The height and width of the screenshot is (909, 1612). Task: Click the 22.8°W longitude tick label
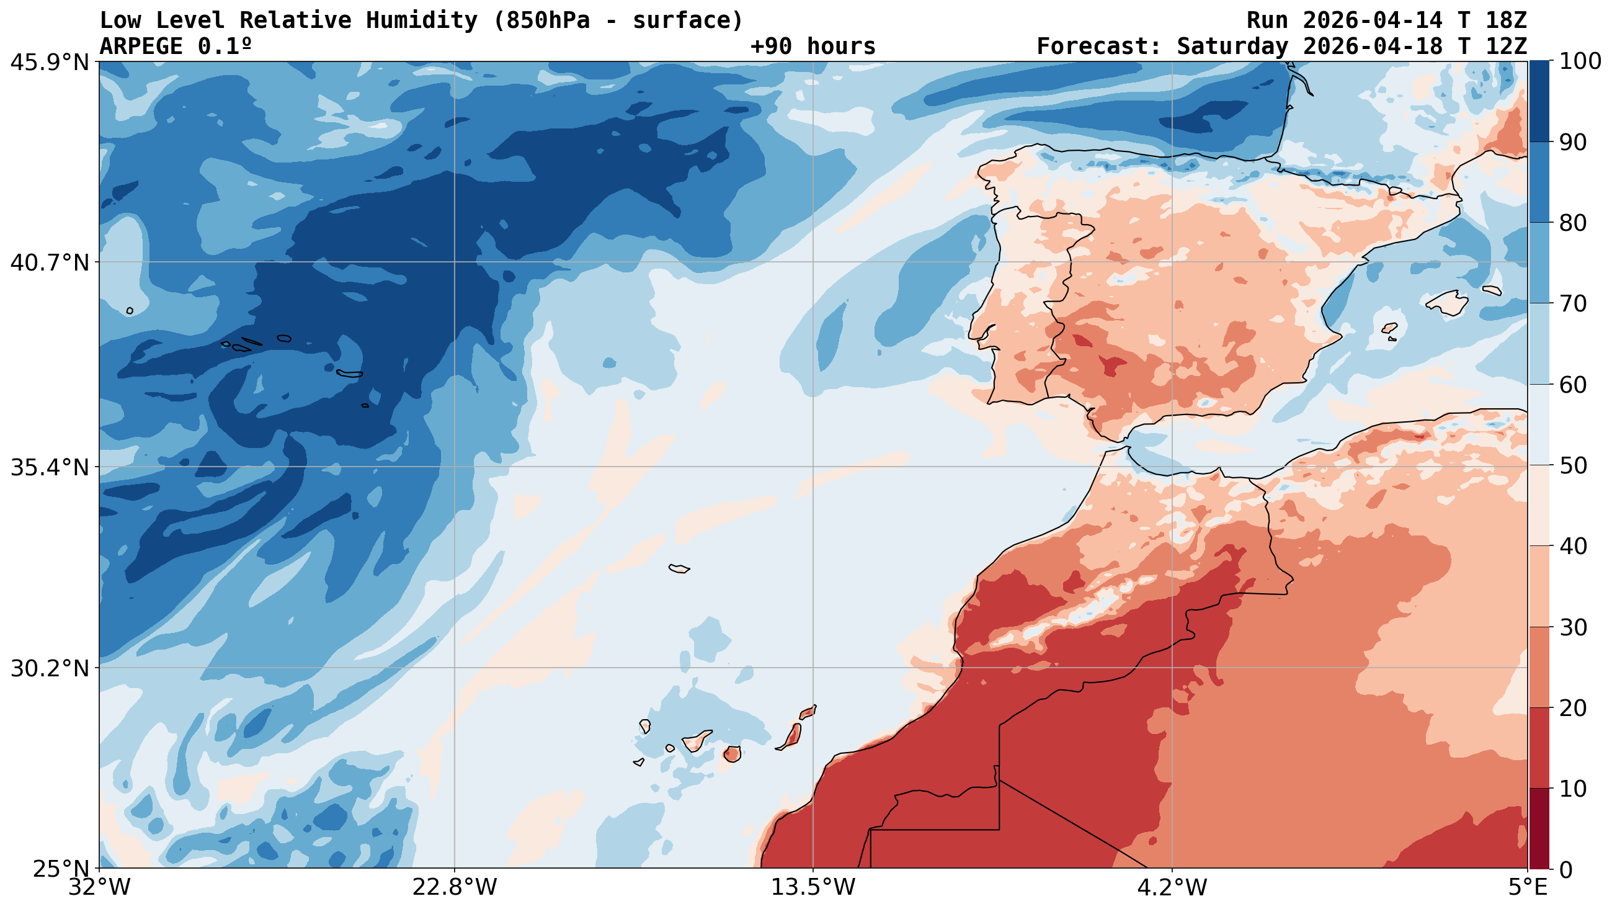pos(454,887)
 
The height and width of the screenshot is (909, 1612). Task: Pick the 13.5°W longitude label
pos(813,887)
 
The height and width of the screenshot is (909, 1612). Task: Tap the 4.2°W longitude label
pos(1172,887)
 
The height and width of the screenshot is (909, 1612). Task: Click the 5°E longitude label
pos(1528,887)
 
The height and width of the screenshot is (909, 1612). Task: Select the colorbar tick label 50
pos(1573,466)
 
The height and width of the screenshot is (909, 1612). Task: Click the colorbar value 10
pos(1573,789)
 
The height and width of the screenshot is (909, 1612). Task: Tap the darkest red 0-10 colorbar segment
pos(1539,828)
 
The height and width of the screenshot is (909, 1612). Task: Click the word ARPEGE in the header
pos(141,47)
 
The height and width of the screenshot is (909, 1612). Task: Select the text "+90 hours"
pos(813,47)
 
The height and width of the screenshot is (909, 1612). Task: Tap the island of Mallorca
pos(1447,303)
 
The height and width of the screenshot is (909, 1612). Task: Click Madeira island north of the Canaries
pos(679,568)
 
